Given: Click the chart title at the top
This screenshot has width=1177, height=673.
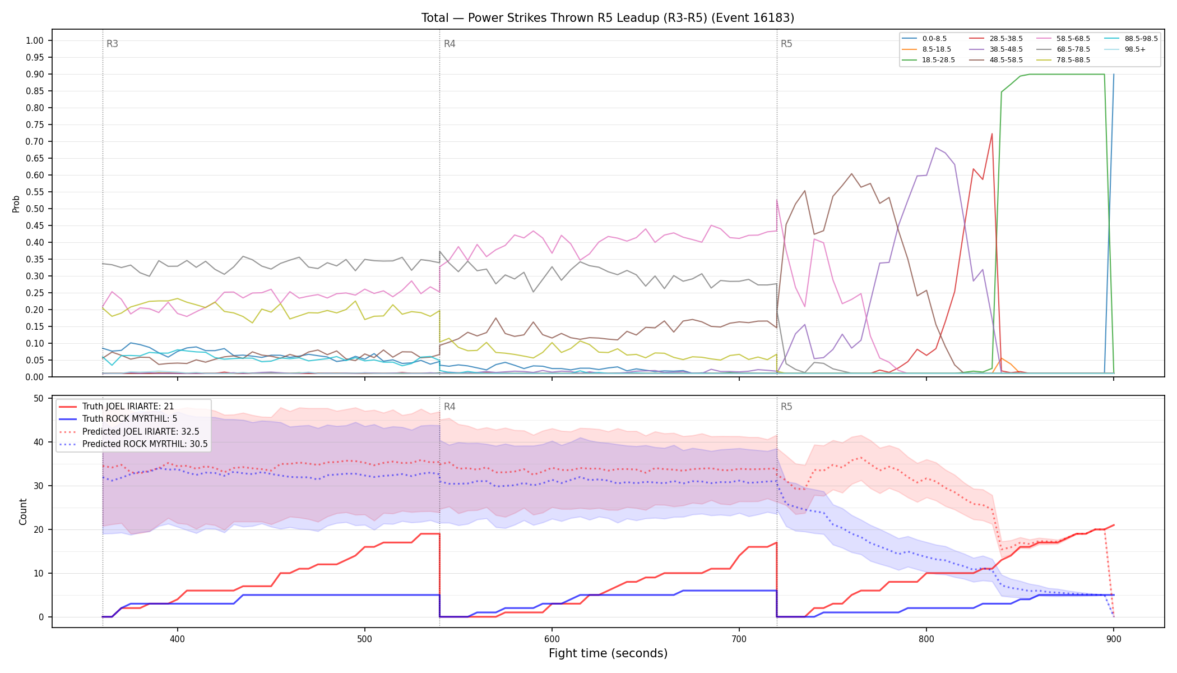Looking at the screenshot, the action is (608, 18).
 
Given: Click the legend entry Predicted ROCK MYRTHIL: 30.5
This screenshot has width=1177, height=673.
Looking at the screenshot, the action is (133, 444).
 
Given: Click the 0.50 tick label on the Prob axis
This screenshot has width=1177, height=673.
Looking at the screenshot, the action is (34, 209).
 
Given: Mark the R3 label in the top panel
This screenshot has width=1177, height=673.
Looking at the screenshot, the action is (112, 44).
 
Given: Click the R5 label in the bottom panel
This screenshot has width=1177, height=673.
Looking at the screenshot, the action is (786, 407).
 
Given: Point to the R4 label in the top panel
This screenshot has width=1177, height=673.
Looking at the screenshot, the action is (450, 44).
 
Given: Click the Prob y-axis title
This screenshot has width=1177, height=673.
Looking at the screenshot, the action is (16, 204).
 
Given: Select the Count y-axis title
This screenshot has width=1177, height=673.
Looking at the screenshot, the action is (23, 511).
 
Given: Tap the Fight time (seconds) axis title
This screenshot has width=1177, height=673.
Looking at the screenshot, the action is (608, 653).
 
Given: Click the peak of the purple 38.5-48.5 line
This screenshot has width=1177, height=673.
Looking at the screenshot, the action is (936, 147).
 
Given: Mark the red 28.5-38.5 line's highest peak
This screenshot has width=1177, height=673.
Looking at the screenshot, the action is (992, 133).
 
